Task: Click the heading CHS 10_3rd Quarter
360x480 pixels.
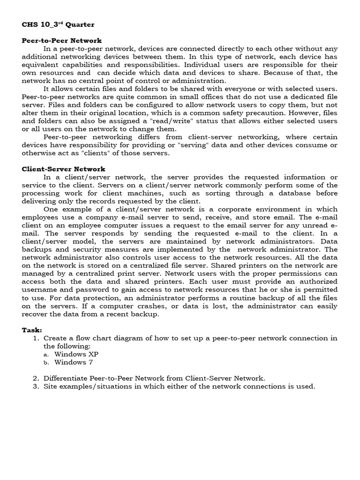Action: [58, 24]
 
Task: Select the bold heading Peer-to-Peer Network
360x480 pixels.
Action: [62, 41]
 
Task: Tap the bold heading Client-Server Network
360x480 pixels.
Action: [64, 169]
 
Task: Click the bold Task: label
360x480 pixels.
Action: [32, 330]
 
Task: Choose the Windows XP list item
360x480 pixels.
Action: [76, 354]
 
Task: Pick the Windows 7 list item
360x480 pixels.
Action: [70, 362]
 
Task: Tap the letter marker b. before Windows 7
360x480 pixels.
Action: [46, 362]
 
